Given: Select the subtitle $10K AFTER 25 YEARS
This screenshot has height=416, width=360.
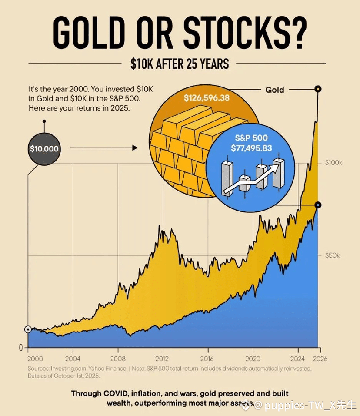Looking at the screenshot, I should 180,64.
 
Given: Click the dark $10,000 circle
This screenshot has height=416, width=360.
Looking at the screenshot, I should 44,148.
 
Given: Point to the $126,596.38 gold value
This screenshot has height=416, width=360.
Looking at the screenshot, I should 206,97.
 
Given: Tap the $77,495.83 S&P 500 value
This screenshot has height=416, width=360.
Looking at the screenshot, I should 251,148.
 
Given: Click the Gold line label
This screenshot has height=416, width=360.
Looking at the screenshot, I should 274,90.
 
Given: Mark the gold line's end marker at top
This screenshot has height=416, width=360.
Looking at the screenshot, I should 318,89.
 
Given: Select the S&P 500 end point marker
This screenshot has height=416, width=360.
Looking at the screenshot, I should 318,205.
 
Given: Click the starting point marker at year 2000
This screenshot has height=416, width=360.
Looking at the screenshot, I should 28,329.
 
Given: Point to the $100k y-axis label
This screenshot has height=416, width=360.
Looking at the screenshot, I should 334,163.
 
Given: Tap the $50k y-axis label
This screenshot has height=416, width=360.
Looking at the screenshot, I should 332,255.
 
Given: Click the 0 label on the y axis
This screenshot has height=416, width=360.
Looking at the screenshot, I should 20,347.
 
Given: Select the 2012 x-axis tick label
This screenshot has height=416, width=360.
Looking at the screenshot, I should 163,359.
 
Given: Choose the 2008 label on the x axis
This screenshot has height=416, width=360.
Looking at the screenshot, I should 118,359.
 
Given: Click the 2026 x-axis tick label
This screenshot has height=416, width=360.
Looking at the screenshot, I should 320,359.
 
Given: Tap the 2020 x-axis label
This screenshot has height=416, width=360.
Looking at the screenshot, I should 253,359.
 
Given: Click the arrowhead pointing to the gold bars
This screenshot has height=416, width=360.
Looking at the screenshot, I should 134,148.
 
